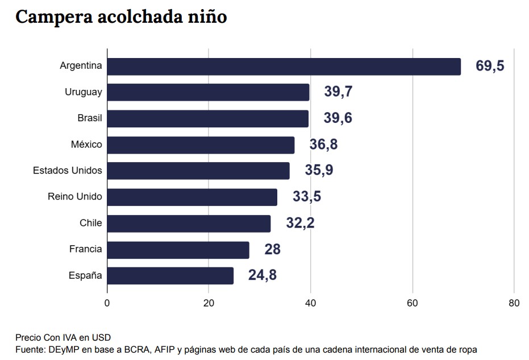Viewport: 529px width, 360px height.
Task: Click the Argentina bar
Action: (284, 67)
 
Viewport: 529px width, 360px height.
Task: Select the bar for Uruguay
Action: (208, 92)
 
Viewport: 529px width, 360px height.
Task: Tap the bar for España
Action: (170, 276)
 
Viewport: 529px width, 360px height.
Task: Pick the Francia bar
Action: (178, 250)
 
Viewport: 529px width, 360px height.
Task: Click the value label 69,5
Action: (490, 66)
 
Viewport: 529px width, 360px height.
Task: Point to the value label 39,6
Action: (338, 118)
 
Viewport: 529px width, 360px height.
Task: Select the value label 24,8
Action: (262, 276)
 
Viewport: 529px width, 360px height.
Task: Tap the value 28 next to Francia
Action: (272, 250)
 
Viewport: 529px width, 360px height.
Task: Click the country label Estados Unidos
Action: (68, 171)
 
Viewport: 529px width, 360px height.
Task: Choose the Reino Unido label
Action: (74, 197)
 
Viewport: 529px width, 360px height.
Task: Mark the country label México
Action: (86, 144)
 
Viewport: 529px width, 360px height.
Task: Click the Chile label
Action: (90, 223)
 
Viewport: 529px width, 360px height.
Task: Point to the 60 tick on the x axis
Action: (412, 304)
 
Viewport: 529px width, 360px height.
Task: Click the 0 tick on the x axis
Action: (107, 304)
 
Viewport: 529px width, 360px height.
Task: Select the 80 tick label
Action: (514, 304)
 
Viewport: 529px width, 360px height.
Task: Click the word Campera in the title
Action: (49, 18)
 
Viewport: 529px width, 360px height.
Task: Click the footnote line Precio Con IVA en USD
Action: (63, 337)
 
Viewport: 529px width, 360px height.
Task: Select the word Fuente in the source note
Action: (29, 349)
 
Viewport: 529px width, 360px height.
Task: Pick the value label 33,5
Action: (306, 197)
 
